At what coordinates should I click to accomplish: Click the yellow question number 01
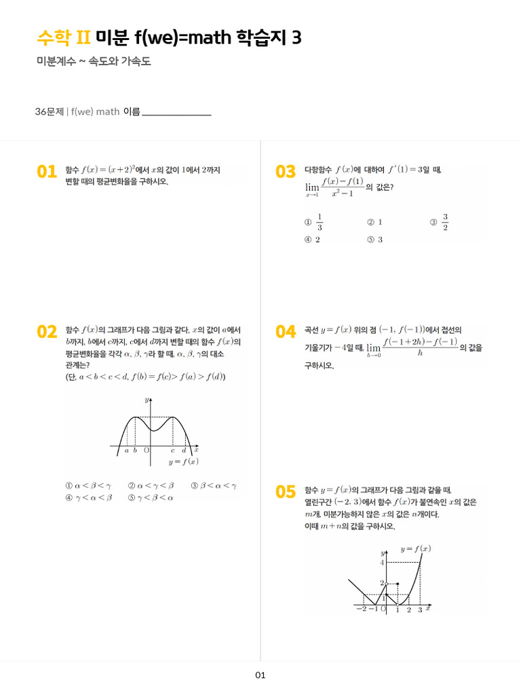pyautogui.click(x=47, y=172)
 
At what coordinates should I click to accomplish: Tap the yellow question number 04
pyautogui.click(x=286, y=331)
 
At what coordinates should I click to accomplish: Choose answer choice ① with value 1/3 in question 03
pyautogui.click(x=314, y=222)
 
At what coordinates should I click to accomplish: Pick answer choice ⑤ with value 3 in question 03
pyautogui.click(x=375, y=240)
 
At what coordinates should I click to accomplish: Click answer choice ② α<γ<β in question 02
pyautogui.click(x=151, y=486)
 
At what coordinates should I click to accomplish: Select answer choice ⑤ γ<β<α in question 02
pyautogui.click(x=151, y=497)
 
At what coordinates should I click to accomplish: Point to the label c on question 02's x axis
pyautogui.click(x=172, y=450)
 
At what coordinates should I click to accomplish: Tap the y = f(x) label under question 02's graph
pyautogui.click(x=183, y=462)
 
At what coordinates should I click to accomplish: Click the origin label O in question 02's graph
pyautogui.click(x=146, y=450)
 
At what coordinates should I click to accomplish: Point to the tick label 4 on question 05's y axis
pyautogui.click(x=383, y=563)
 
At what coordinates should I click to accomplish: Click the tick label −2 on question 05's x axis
pyautogui.click(x=361, y=609)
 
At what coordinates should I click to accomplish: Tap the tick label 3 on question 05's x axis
pyautogui.click(x=419, y=610)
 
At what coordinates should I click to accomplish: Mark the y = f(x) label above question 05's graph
pyautogui.click(x=415, y=548)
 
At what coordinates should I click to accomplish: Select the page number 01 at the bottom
pyautogui.click(x=260, y=675)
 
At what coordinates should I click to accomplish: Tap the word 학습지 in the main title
pyautogui.click(x=261, y=38)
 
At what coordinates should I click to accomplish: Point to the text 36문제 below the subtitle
pyautogui.click(x=49, y=111)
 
